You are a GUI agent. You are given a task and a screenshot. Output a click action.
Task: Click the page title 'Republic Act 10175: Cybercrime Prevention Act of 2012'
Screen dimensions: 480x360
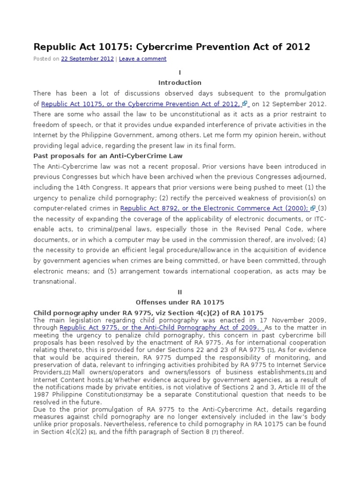pos(172,47)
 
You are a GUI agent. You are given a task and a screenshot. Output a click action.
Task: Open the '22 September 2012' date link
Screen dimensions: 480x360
pos(87,59)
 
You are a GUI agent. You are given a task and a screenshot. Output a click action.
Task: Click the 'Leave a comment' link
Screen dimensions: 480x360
pos(142,59)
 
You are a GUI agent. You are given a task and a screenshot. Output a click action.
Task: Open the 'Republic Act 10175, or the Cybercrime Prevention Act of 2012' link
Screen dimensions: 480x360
pos(141,104)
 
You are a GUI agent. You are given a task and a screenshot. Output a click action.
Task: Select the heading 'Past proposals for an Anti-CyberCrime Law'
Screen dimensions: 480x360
pos(108,156)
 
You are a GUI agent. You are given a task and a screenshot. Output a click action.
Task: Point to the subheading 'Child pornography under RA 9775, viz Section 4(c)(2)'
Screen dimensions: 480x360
pos(148,313)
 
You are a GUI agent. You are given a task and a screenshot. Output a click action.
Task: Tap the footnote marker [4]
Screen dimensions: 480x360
pos(109,380)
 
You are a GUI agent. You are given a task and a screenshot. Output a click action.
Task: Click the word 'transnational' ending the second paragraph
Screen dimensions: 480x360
pos(54,281)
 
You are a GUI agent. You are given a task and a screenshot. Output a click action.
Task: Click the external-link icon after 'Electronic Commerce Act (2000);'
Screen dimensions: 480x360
pos(313,208)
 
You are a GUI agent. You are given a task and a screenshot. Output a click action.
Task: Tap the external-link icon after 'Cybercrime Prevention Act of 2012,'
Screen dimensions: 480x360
pos(245,104)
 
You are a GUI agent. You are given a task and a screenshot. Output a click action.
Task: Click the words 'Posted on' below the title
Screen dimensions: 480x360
pos(46,59)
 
